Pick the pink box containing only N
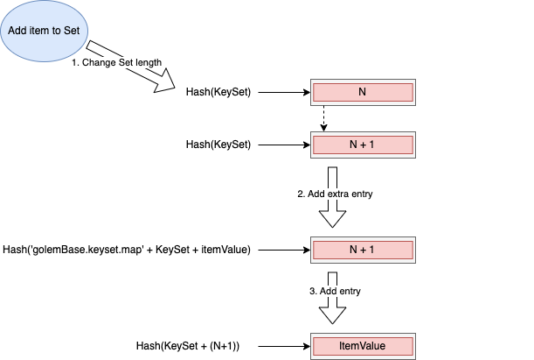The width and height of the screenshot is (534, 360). pos(362,92)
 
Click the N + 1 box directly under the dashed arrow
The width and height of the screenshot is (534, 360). pos(362,145)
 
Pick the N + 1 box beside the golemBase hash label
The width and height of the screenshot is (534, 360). pos(362,250)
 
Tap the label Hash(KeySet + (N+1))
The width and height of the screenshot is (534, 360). pos(188,346)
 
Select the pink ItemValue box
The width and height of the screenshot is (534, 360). pos(362,346)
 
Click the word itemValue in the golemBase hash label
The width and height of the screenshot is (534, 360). pos(225,250)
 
